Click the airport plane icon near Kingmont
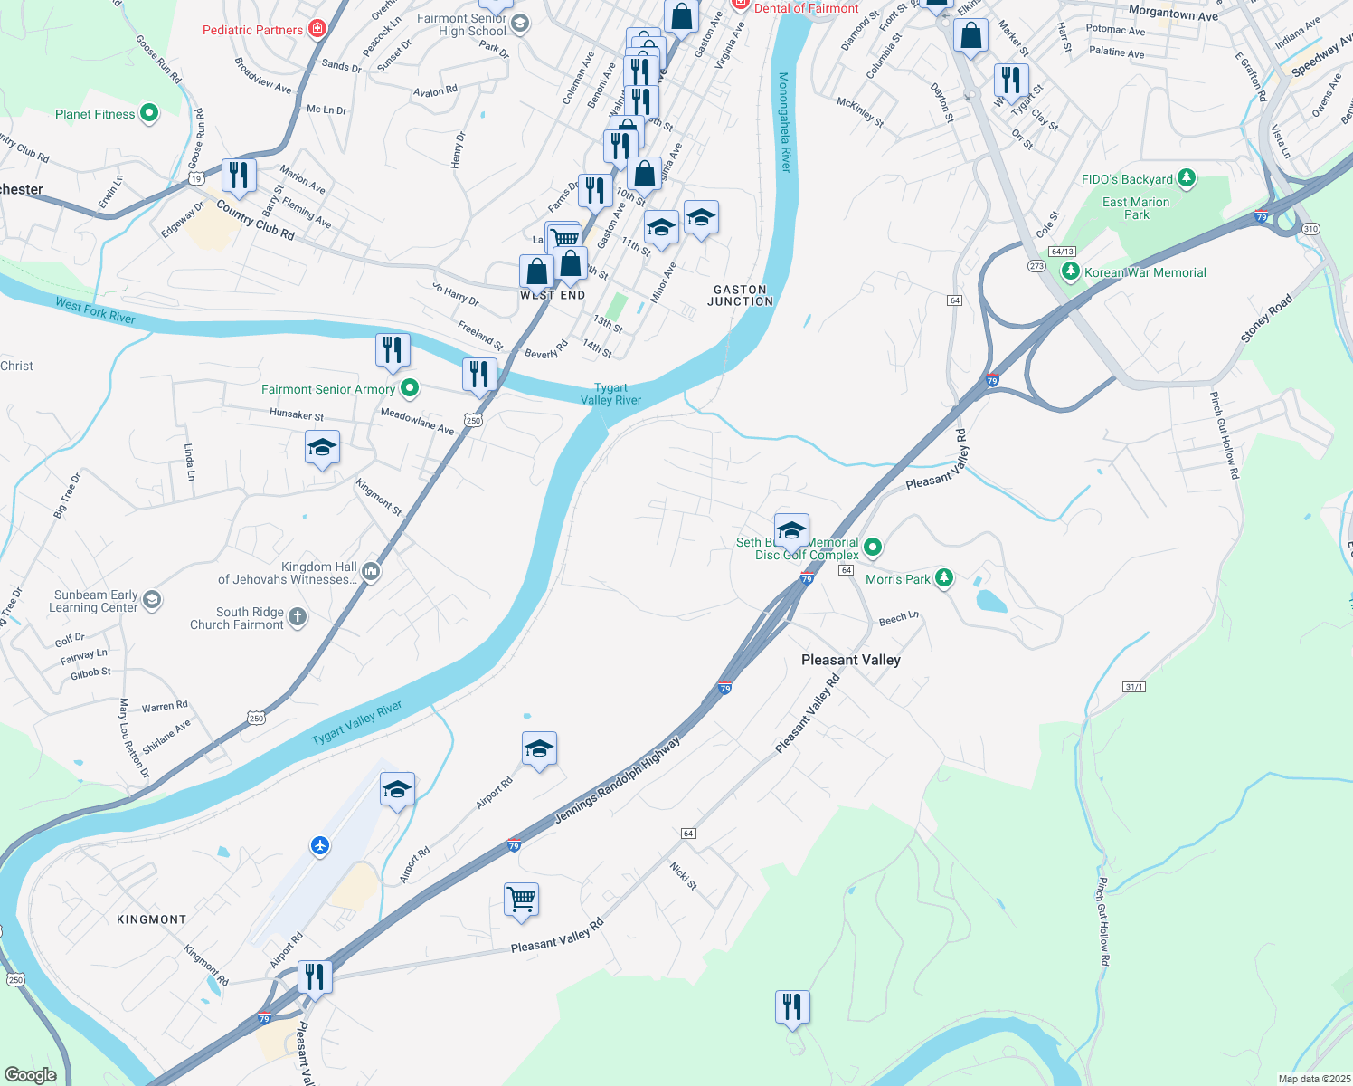coord(319,845)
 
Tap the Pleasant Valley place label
coord(850,660)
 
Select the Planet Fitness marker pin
coord(149,113)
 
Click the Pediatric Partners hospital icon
coord(317,29)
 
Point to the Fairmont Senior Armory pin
coord(409,388)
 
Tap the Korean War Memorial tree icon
coord(1071,271)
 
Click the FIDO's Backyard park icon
coord(1187,178)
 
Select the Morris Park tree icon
coord(943,577)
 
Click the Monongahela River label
coord(784,122)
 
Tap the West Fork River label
coord(95,310)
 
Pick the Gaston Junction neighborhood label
coord(740,295)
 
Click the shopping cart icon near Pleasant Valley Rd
coord(521,899)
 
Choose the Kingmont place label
coord(151,919)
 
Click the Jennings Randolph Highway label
coord(617,779)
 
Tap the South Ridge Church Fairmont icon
coord(298,617)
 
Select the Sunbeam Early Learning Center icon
coord(152,599)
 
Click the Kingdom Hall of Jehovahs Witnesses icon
coord(370,571)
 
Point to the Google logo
coord(30,1074)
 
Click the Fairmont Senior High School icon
coord(519,24)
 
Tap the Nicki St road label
coord(684,875)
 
